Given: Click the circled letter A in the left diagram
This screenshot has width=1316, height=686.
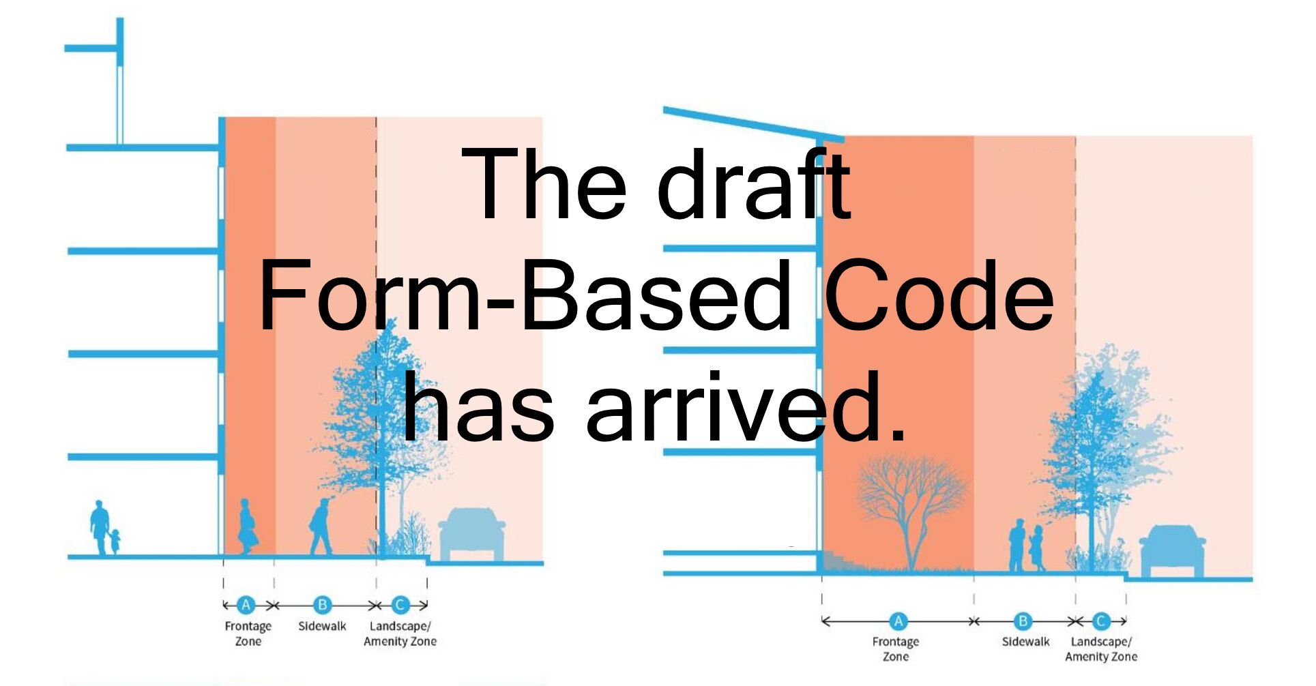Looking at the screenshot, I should pyautogui.click(x=246, y=605).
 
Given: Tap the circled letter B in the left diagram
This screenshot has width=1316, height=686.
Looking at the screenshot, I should pyautogui.click(x=323, y=605).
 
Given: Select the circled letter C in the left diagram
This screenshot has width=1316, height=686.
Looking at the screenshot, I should pyautogui.click(x=400, y=605).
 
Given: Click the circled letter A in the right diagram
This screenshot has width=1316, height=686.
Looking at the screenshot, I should pyautogui.click(x=898, y=621).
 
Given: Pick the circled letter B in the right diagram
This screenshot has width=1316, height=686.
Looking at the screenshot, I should pyautogui.click(x=1022, y=621).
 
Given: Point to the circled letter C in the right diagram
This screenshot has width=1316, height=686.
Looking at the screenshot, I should pyautogui.click(x=1100, y=621).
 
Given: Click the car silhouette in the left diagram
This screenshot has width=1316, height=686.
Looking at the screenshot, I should pyautogui.click(x=471, y=534).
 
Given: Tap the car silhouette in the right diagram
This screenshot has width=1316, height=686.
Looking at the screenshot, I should pyautogui.click(x=1172, y=551).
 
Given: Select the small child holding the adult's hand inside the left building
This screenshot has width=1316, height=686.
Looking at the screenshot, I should pyautogui.click(x=115, y=541).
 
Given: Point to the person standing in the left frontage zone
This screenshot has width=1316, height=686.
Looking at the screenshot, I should pyautogui.click(x=247, y=526).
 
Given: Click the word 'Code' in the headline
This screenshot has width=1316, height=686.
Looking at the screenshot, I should pyautogui.click(x=939, y=297).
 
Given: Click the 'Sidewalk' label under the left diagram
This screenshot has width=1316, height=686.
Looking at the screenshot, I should pyautogui.click(x=322, y=626).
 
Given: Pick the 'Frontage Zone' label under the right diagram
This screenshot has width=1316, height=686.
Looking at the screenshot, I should pyautogui.click(x=896, y=648).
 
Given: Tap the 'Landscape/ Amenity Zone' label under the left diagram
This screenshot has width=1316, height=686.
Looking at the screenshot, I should pyautogui.click(x=400, y=633).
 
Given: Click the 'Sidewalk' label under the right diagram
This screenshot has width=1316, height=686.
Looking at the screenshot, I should pyautogui.click(x=1025, y=642).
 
